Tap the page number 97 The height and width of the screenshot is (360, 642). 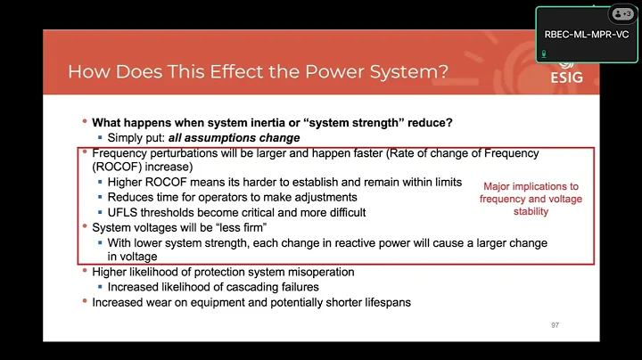click(555, 324)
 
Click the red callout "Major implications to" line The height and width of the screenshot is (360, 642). click(531, 187)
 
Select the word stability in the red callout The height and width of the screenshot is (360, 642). click(531, 212)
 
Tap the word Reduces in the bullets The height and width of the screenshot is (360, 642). click(133, 197)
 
